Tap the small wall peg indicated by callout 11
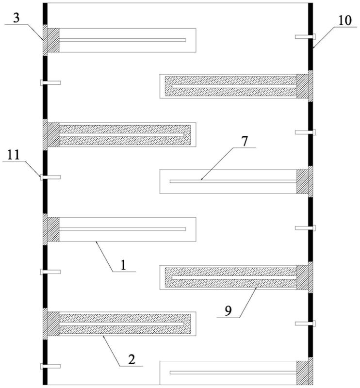click(x=50, y=178)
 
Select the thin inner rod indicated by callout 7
click(x=233, y=181)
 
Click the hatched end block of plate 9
click(x=304, y=278)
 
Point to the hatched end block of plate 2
click(x=51, y=324)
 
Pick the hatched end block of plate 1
click(x=51, y=229)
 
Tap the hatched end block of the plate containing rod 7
click(x=304, y=182)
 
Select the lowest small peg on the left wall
click(x=50, y=366)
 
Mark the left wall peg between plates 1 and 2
click(x=50, y=272)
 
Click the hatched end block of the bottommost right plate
click(x=304, y=373)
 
